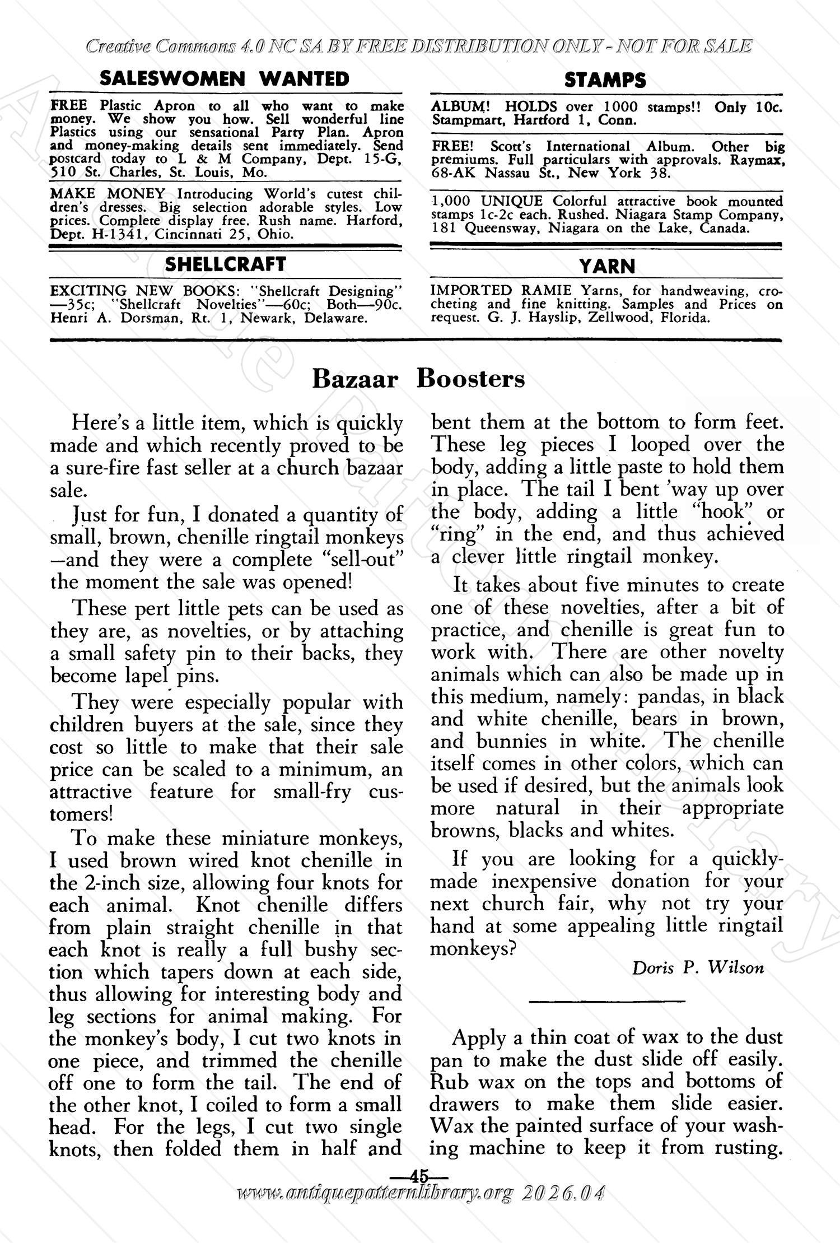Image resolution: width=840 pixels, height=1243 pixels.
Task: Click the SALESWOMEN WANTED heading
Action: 225,78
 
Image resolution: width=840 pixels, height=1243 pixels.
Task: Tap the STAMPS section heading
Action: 605,80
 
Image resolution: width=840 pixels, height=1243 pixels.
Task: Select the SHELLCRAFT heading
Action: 225,264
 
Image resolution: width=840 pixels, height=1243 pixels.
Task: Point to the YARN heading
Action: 607,266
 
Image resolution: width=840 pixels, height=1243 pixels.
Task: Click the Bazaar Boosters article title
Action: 418,379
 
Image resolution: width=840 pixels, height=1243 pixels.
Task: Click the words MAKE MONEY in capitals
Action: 108,194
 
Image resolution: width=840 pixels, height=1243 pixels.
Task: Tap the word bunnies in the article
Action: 511,741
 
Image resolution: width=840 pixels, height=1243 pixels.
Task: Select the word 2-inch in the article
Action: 111,883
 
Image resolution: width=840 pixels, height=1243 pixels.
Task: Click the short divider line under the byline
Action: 606,1000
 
